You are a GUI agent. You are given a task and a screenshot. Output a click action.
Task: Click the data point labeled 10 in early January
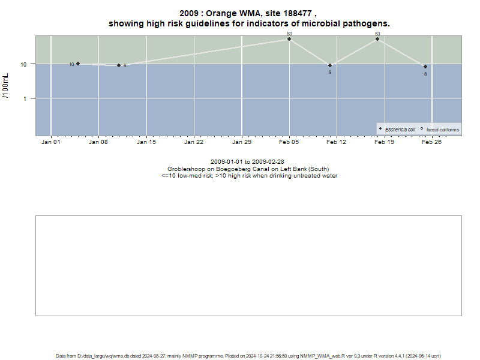point(78,64)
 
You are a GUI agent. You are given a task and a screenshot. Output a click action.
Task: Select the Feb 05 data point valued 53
point(289,39)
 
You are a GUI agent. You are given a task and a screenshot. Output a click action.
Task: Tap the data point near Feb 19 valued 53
point(377,39)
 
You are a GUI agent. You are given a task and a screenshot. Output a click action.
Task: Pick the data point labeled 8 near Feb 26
point(425,67)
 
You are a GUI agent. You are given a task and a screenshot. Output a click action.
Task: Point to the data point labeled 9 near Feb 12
point(329,65)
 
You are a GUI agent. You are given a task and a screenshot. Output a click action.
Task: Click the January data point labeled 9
point(119,65)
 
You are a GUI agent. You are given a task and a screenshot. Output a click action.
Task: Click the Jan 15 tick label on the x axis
point(146,142)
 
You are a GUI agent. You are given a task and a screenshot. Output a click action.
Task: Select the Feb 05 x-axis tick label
point(289,142)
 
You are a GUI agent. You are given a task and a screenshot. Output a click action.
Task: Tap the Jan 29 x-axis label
point(242,142)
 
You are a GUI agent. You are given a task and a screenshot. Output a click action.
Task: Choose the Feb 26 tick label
point(431,142)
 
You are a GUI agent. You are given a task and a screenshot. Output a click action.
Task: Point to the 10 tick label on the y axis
point(23,65)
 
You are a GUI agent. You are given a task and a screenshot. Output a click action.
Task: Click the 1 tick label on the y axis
point(25,99)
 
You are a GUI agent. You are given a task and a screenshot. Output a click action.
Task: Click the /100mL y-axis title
point(5,86)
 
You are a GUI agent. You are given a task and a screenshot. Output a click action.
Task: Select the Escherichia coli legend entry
point(397,130)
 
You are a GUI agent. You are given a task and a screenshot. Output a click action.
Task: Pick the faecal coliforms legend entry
point(440,130)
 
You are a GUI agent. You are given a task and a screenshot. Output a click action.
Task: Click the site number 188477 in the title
point(297,13)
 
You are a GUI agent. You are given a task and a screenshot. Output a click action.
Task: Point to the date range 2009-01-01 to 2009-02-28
point(247,161)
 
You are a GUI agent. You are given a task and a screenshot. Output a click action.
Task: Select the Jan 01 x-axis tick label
point(51,142)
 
